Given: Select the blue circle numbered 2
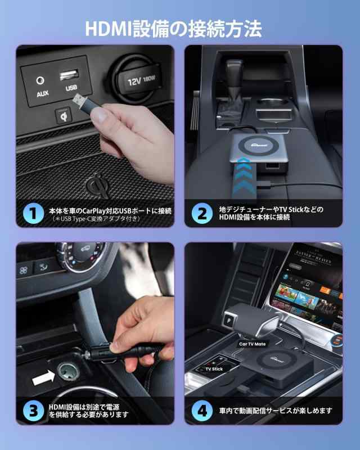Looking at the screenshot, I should [x=201, y=213].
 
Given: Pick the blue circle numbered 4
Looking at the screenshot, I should [x=201, y=410].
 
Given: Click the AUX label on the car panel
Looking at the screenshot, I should [x=43, y=93].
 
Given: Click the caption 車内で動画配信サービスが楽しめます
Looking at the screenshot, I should [x=276, y=411].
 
